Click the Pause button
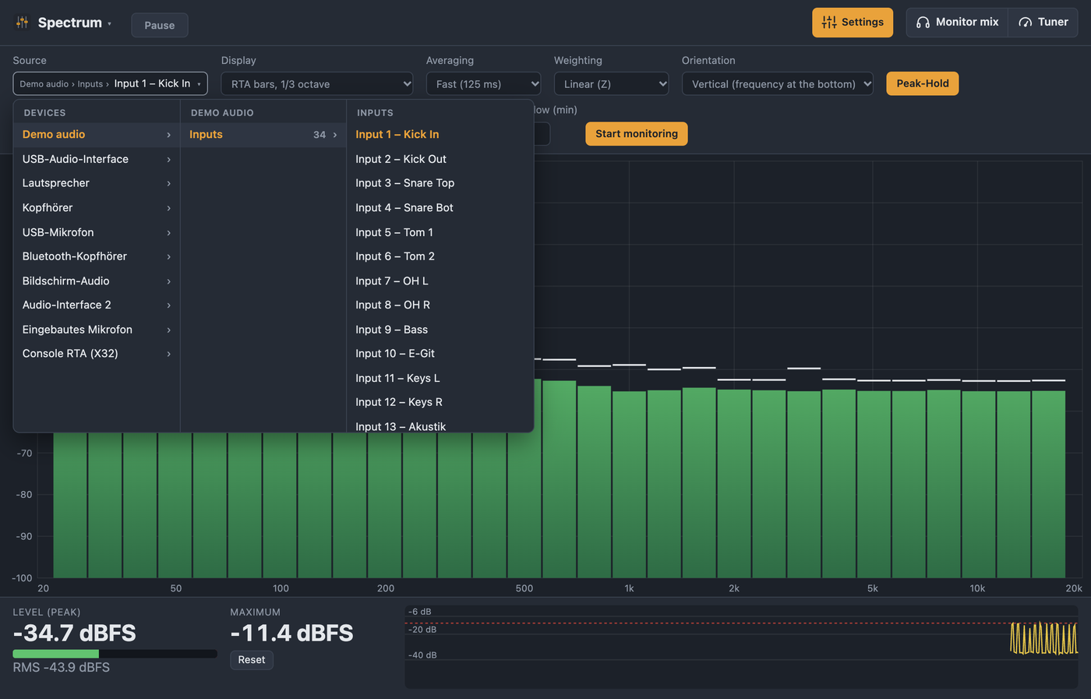pos(159,25)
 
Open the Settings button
pos(853,23)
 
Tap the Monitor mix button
pos(957,23)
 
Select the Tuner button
pos(1043,23)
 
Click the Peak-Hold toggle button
pos(923,84)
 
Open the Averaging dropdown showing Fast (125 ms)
pos(483,84)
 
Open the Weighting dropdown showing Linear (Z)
pos(611,84)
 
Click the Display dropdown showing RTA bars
pos(317,84)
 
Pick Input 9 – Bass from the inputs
pos(391,330)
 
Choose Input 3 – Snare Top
pos(404,183)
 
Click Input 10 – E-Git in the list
pos(394,354)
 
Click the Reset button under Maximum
pos(251,660)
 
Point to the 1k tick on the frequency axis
pos(630,588)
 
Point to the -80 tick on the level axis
pos(24,494)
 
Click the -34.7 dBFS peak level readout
pos(75,633)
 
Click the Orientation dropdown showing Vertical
pos(778,84)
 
